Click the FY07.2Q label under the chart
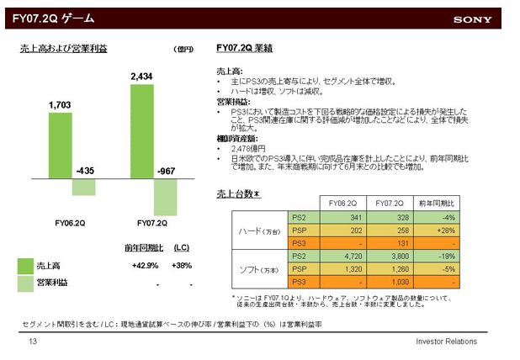pos(152,224)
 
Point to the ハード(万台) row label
pos(259,230)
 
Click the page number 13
pos(33,341)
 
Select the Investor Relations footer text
pos(446,341)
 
